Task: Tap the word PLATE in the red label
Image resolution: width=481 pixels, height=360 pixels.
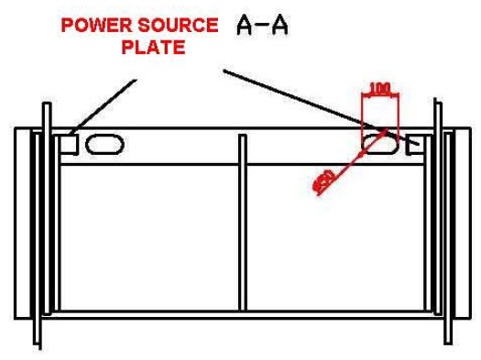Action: point(154,46)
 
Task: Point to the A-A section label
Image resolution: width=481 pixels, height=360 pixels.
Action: point(262,26)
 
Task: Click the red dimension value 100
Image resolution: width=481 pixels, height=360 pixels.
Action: point(379,90)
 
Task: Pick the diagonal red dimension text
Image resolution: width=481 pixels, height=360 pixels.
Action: point(323,181)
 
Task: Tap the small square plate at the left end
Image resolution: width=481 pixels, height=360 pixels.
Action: point(69,145)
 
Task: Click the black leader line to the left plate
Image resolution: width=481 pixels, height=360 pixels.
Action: point(101,108)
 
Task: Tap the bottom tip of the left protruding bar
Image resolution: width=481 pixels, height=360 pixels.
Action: point(41,345)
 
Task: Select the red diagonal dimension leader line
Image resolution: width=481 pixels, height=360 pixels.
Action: point(344,165)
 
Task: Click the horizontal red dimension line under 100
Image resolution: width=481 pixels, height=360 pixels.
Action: point(379,98)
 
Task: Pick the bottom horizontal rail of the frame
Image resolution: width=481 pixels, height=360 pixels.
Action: point(243,313)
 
